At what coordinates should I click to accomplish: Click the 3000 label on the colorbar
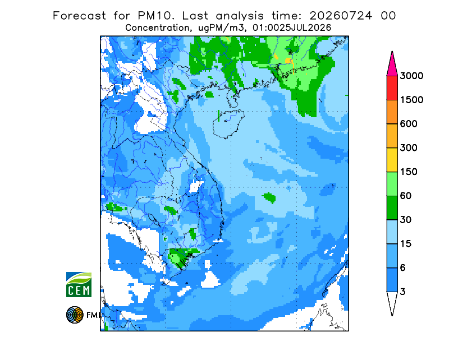(411, 76)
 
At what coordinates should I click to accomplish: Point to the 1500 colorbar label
(411, 100)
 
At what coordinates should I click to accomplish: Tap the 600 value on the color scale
(409, 124)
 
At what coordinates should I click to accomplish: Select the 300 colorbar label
(409, 148)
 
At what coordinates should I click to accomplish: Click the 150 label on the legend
(409, 172)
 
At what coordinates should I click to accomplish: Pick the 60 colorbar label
(406, 196)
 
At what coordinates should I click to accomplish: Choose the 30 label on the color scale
(406, 220)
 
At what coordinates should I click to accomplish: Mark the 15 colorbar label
(406, 244)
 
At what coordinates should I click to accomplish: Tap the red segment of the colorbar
(392, 88)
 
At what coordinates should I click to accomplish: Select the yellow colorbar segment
(392, 160)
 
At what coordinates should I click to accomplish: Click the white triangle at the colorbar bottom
(392, 301)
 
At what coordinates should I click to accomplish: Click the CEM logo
(79, 284)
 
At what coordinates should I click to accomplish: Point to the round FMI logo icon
(75, 315)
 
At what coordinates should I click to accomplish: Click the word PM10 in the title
(156, 16)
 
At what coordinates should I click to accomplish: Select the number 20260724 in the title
(341, 16)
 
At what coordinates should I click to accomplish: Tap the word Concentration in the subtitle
(157, 28)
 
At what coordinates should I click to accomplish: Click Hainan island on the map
(228, 123)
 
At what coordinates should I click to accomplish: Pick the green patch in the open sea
(269, 197)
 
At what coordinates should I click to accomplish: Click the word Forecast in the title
(79, 16)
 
